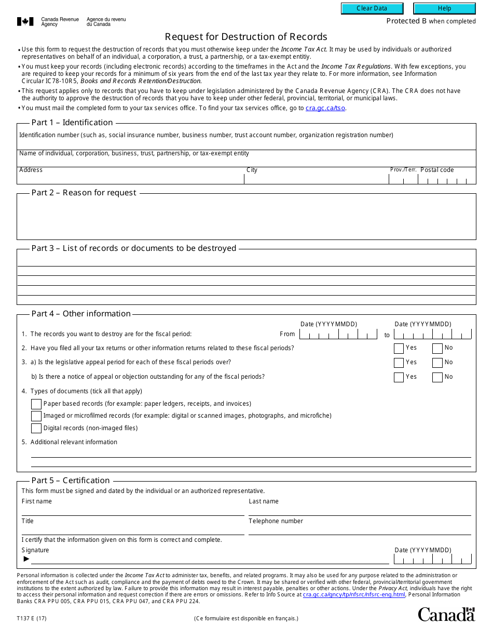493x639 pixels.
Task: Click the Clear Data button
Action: pyautogui.click(x=372, y=8)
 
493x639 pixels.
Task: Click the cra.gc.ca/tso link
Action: pyautogui.click(x=325, y=108)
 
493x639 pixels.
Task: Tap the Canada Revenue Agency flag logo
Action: pyautogui.click(x=25, y=21)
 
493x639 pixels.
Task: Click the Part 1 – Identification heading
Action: pyautogui.click(x=72, y=123)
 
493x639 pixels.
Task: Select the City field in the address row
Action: pyautogui.click(x=316, y=178)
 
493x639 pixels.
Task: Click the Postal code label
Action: pyautogui.click(x=437, y=170)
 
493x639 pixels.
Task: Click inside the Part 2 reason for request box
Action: pyautogui.click(x=246, y=218)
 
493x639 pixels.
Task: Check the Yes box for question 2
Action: pyautogui.click(x=399, y=349)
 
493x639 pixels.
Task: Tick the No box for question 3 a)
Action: pyautogui.click(x=437, y=363)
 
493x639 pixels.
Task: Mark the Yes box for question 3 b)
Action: pyautogui.click(x=399, y=377)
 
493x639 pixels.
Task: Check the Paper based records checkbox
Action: pyautogui.click(x=36, y=404)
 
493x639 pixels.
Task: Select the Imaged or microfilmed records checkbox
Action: pyautogui.click(x=36, y=416)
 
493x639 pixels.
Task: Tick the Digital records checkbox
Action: pyautogui.click(x=36, y=429)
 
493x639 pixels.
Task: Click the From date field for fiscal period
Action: pyautogui.click(x=338, y=335)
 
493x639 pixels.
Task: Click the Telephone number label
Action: pyautogui.click(x=276, y=521)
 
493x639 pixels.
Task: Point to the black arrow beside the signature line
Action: pyautogui.click(x=26, y=559)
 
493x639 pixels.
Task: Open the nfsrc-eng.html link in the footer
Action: pyautogui.click(x=354, y=594)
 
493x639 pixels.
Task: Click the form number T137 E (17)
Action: pyautogui.click(x=31, y=618)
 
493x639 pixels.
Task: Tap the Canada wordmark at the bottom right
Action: pyautogui.click(x=446, y=615)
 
